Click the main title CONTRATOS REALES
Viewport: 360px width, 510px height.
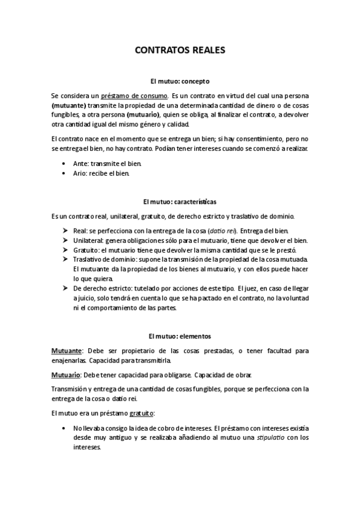coord(180,51)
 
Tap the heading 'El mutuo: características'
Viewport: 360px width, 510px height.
coord(180,200)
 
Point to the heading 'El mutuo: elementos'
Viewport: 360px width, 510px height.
coord(180,335)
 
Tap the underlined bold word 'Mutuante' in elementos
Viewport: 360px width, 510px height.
coord(66,350)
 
